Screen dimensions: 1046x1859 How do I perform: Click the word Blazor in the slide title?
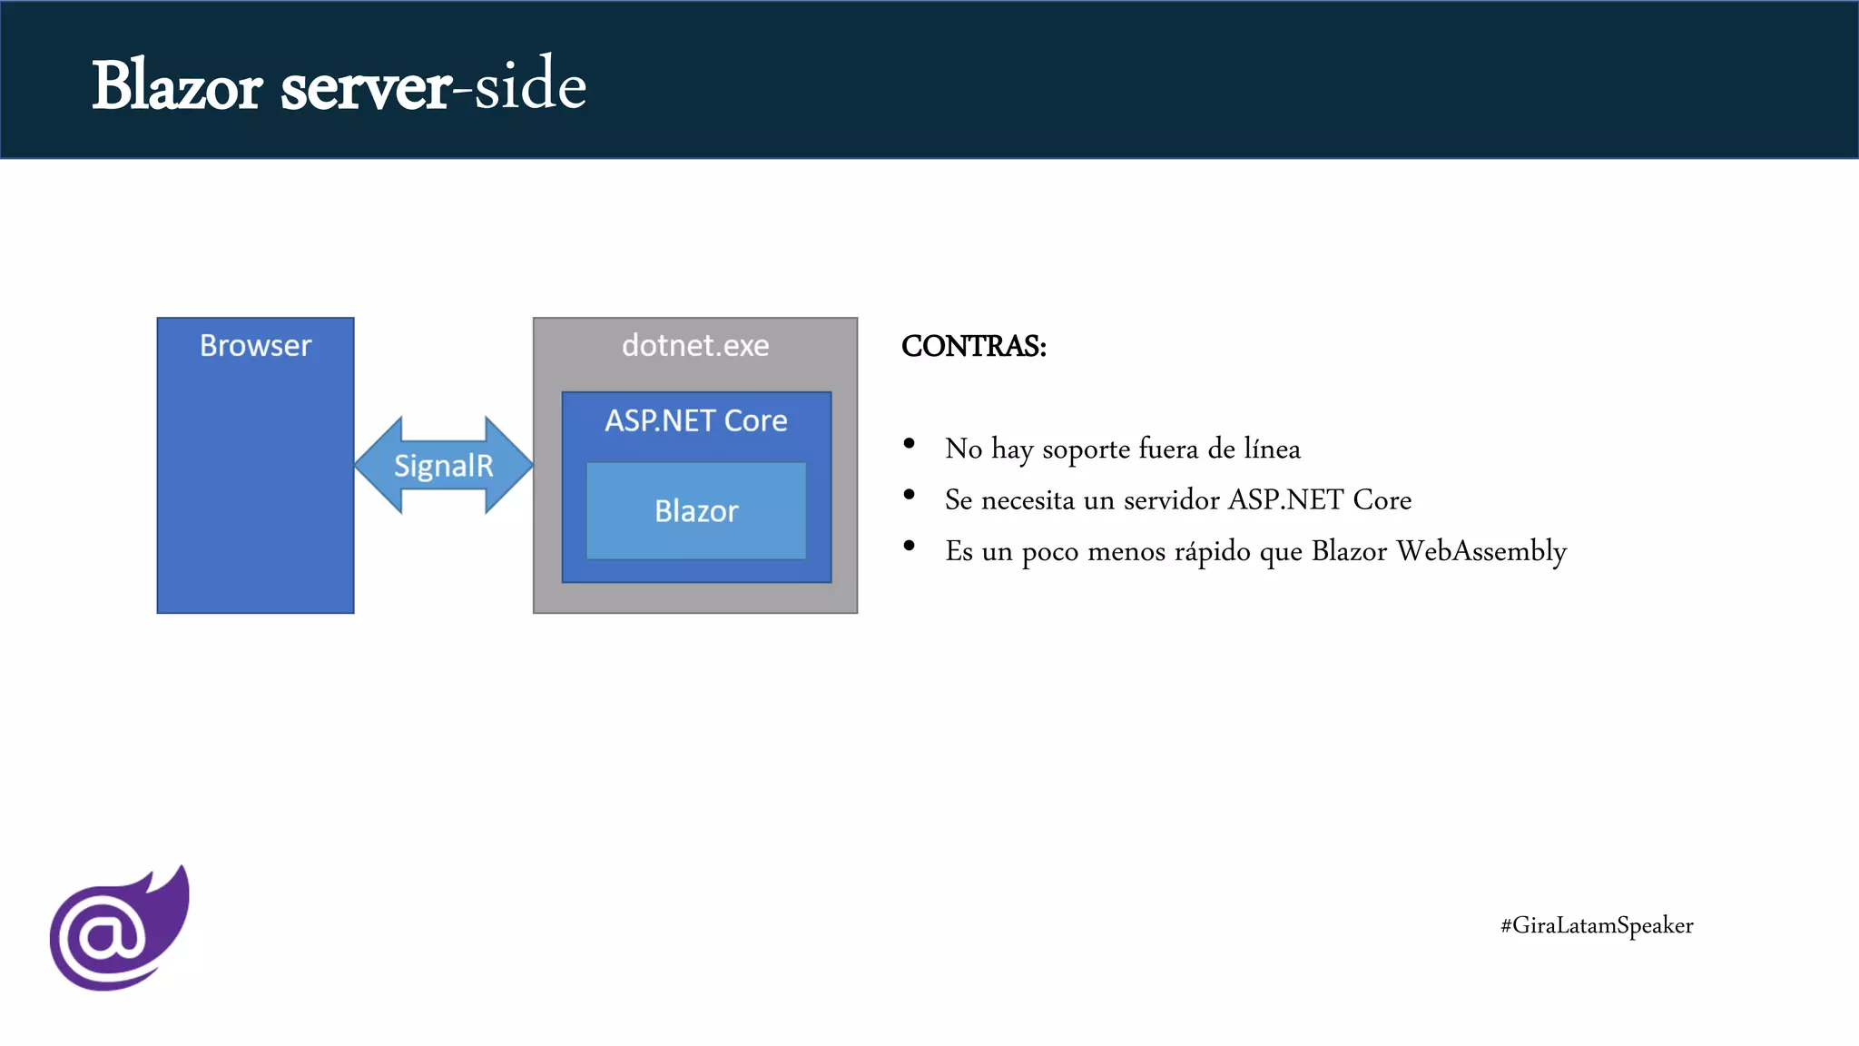point(177,86)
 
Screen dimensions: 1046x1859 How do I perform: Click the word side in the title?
point(530,84)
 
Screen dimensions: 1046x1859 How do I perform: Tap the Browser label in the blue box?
point(255,346)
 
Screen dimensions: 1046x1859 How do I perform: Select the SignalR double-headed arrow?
point(443,466)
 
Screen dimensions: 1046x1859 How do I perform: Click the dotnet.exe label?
point(695,346)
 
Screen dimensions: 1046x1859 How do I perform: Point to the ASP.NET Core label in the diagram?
point(696,421)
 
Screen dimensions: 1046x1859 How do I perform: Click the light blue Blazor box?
point(696,511)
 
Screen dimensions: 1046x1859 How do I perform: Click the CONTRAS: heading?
point(973,347)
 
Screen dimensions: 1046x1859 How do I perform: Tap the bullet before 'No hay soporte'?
point(909,444)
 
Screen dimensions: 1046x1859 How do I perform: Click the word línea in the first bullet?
point(1272,449)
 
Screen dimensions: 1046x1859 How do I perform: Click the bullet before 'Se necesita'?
point(909,495)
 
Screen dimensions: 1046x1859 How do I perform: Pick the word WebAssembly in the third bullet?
point(1481,551)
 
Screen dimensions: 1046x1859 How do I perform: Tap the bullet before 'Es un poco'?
point(909,546)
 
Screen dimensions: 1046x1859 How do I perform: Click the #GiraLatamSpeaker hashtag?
point(1597,925)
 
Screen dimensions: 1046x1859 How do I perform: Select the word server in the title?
point(365,88)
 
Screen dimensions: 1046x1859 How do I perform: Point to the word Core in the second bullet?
point(1382,500)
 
